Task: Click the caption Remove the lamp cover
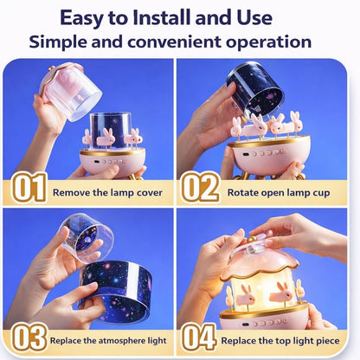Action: click(107, 192)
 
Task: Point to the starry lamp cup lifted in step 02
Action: click(257, 87)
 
